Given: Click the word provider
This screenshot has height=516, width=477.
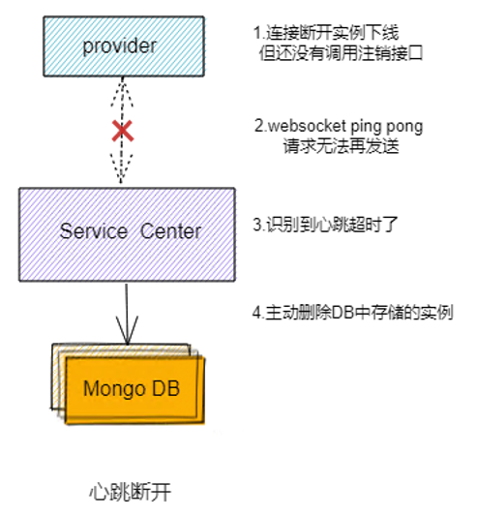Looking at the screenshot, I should click(123, 46).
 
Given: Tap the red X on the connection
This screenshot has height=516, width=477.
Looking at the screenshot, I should click(123, 132).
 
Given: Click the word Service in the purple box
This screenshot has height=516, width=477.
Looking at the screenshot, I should click(94, 231).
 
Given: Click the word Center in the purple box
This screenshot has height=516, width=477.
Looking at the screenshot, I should click(171, 231).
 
